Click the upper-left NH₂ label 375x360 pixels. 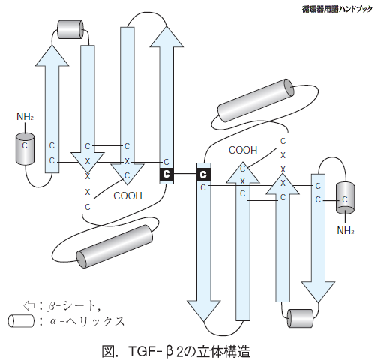[x=25, y=116]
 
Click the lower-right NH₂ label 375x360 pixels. [x=346, y=230]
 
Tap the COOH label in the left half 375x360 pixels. [x=127, y=196]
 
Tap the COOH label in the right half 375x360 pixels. [x=243, y=150]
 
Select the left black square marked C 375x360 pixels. [x=166, y=174]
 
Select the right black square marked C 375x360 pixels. [x=204, y=174]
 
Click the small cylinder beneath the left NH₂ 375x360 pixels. [x=25, y=149]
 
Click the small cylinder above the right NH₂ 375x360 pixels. [x=345, y=198]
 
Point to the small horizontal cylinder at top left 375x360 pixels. [x=70, y=29]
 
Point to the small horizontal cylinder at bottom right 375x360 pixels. [x=300, y=318]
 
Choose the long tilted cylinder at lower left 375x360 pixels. [x=115, y=247]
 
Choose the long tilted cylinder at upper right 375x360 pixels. [x=256, y=100]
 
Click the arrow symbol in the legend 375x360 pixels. [x=28, y=305]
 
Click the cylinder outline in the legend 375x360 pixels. [x=21, y=321]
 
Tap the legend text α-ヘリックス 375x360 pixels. [x=87, y=321]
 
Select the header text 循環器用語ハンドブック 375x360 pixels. [x=337, y=10]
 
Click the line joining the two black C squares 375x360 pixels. [x=185, y=173]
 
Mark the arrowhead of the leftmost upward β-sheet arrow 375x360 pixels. [x=52, y=56]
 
